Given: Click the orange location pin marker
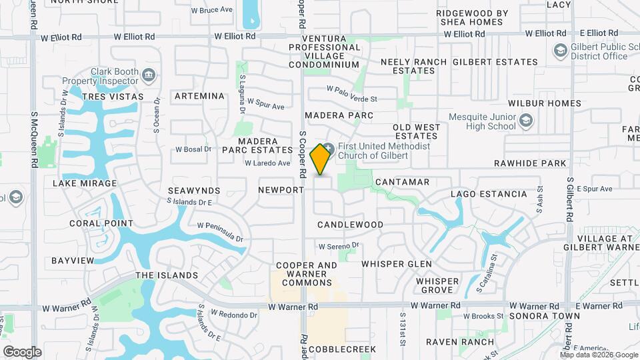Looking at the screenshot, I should (321, 159).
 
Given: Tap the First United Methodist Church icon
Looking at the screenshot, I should (329, 147).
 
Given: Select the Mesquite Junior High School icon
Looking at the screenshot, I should (527, 121).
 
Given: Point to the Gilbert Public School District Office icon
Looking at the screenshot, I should (560, 51).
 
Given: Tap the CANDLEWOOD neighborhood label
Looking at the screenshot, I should (350, 225).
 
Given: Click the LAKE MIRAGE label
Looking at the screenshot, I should (85, 183).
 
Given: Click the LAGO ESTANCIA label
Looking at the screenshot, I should (489, 194).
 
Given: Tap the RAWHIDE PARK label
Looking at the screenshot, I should (530, 163).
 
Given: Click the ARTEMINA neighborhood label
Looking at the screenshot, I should (199, 96).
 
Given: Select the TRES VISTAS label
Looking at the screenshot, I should (113, 97).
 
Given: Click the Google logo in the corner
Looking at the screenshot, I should (21, 351).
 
